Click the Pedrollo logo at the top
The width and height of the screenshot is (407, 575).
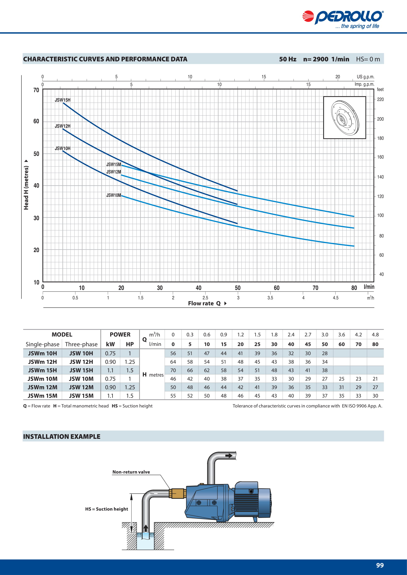(x=343, y=19)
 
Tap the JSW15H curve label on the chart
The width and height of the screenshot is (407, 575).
(x=63, y=100)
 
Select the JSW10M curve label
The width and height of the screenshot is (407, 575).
(x=113, y=195)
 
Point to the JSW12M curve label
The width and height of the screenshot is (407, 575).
(x=113, y=172)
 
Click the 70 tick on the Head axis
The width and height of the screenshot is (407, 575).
(x=36, y=90)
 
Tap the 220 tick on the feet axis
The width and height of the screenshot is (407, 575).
(x=380, y=99)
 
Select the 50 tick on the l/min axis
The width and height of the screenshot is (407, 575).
(x=238, y=288)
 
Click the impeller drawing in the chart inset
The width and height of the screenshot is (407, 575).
(x=345, y=118)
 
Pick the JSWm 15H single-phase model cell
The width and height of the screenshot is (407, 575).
(x=42, y=370)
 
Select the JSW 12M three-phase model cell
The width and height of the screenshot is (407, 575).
(x=81, y=387)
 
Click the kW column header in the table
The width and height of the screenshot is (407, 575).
(x=110, y=344)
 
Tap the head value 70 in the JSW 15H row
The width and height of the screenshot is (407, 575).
(x=173, y=370)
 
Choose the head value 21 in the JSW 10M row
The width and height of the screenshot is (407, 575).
(x=375, y=379)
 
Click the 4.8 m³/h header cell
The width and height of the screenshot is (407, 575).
(x=375, y=335)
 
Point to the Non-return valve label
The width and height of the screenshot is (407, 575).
(x=131, y=472)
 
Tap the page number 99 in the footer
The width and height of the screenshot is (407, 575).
(x=380, y=565)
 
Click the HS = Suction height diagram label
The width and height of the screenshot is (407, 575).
(x=107, y=509)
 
